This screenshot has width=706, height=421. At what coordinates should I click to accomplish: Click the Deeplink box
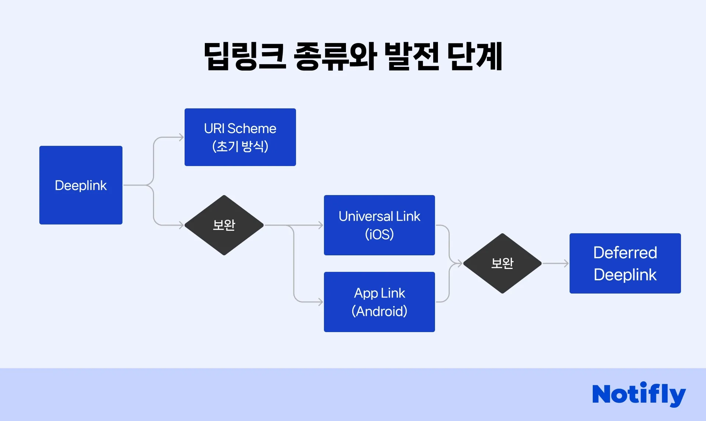coord(81,185)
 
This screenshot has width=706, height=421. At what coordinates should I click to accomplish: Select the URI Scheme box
coord(240,137)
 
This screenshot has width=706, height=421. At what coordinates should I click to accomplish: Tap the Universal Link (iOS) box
coord(379,225)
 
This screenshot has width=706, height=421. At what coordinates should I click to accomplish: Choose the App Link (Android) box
coord(379,302)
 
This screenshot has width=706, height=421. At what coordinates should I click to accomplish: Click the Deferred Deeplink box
coord(625,263)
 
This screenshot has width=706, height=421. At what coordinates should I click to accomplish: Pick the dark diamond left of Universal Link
coord(224,225)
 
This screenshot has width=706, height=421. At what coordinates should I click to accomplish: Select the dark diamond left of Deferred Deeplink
coord(502,263)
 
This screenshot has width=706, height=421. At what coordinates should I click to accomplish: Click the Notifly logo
coord(639,394)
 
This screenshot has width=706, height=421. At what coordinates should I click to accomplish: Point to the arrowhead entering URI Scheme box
coord(181,137)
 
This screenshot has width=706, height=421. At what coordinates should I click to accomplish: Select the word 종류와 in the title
coord(335,57)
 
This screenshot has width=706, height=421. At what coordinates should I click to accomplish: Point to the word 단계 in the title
coord(475,57)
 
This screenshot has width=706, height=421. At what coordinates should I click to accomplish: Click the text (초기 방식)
coord(240,146)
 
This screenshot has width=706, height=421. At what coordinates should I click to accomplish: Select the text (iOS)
coord(379,234)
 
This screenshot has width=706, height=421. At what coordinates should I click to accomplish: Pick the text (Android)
coord(379,311)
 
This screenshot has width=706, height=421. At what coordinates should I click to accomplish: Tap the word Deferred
coord(625,253)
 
